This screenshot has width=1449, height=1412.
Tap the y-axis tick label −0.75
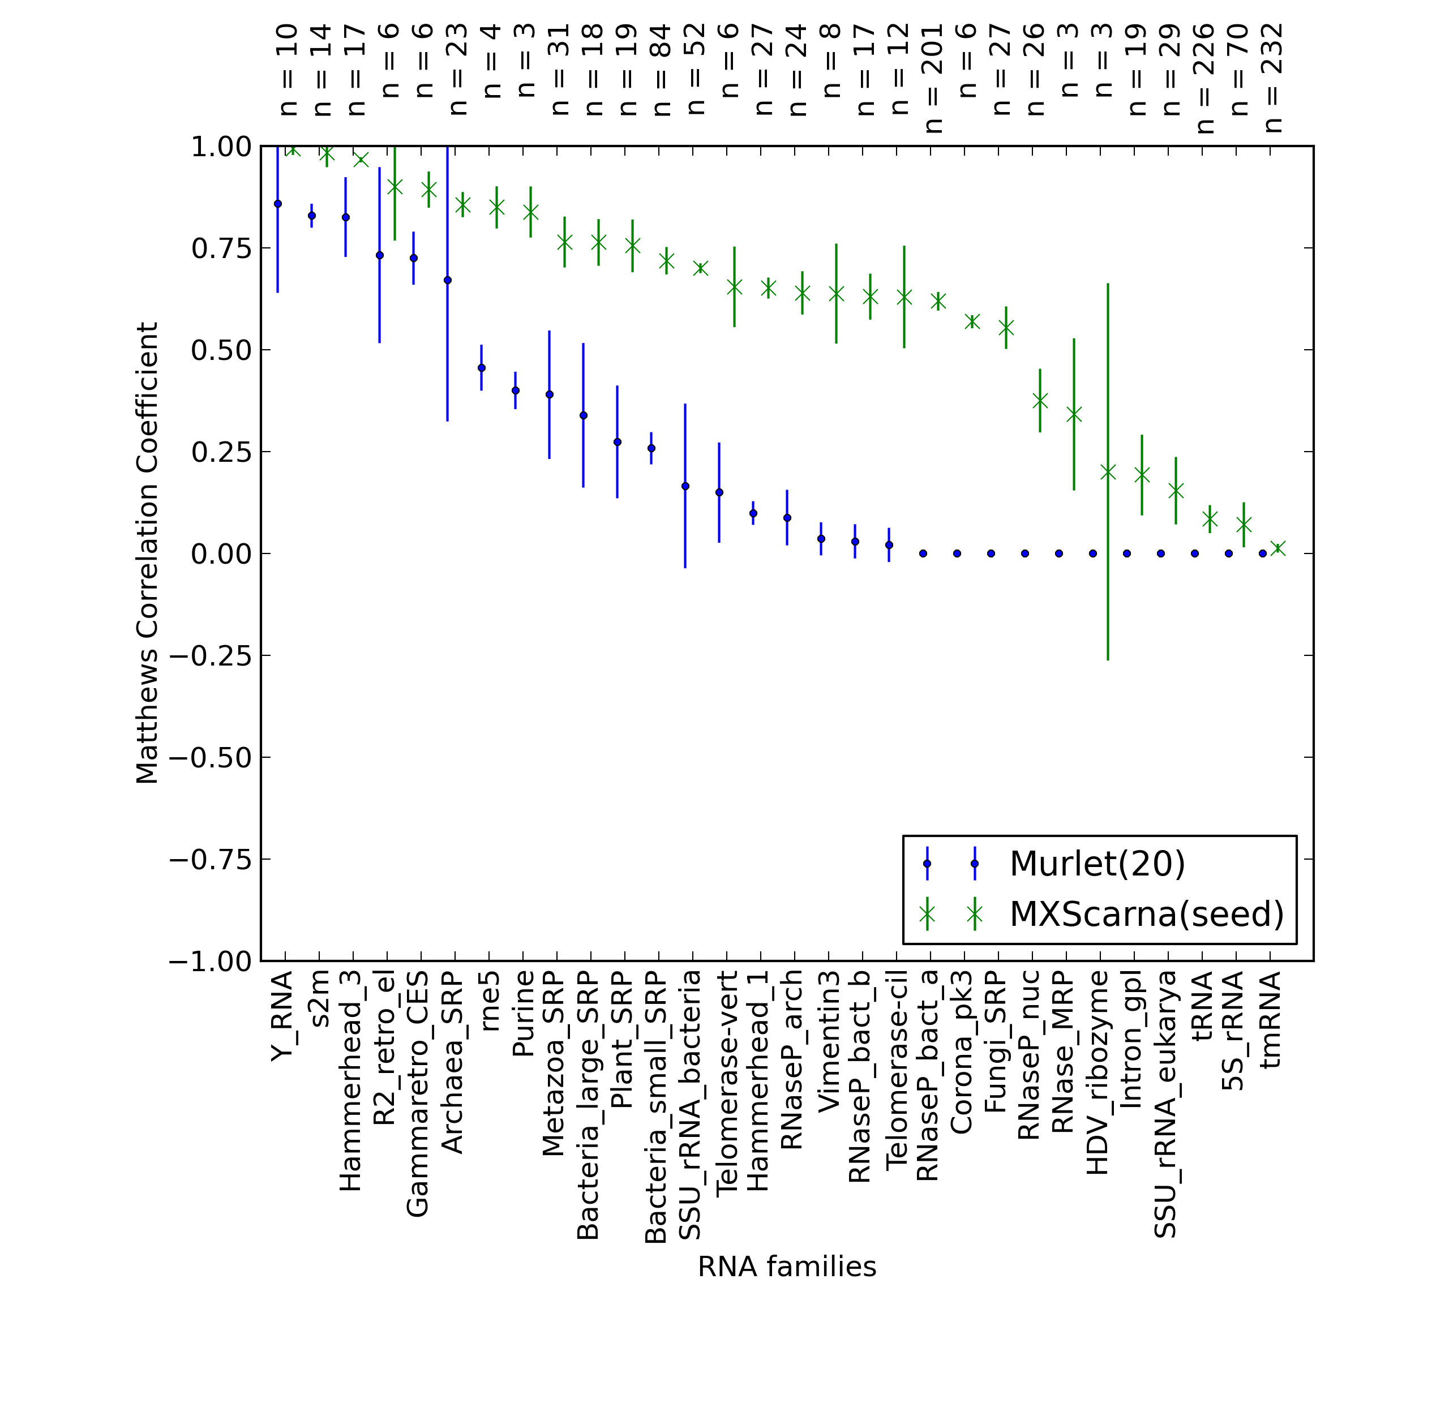point(211,860)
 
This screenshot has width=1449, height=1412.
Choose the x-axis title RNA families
point(787,1267)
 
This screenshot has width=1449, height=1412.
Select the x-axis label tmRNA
point(1271,1020)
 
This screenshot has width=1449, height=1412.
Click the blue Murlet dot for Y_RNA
point(278,203)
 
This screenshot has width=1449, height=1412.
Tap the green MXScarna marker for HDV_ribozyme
point(1108,471)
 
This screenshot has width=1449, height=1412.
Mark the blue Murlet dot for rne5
point(481,368)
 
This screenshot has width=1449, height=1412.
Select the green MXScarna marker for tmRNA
point(1277,548)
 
